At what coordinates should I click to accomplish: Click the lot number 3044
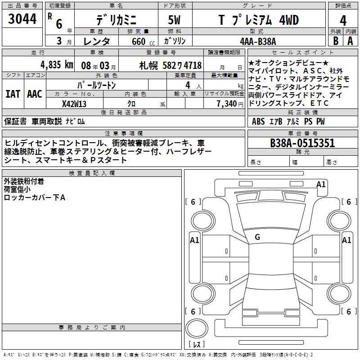22,19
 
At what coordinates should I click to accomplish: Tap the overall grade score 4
343,21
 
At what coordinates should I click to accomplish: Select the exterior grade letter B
336,41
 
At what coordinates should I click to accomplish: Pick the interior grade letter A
350,41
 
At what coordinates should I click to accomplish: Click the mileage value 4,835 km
57,65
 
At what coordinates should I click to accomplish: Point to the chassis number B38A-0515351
302,143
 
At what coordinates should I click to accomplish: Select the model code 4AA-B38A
258,41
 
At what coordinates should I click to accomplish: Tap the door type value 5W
174,20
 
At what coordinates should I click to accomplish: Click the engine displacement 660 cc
143,41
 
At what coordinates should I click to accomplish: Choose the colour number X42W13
74,104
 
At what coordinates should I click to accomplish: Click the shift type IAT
13,94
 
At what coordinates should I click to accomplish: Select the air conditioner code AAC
35,94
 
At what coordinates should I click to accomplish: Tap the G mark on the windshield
257,237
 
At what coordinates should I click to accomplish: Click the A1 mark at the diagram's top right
321,184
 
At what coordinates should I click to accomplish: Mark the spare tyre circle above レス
197,328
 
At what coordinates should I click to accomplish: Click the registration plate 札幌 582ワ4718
171,66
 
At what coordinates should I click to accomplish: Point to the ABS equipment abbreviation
258,121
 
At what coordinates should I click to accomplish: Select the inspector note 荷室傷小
17,189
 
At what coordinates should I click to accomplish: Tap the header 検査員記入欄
92,173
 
